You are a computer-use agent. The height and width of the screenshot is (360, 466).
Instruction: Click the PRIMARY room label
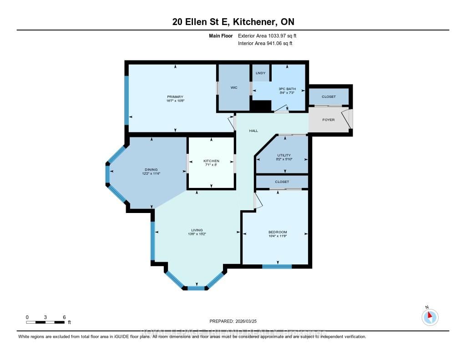tap(175, 96)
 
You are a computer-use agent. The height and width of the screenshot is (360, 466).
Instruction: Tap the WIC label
tap(233, 87)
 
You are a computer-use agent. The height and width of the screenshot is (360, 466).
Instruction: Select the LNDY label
tap(260, 73)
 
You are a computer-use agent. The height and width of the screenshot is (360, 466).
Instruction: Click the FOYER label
tap(328, 120)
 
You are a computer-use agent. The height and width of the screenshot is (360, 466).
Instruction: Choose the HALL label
tap(253, 131)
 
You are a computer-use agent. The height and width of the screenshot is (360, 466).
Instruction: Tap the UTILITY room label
tap(284, 155)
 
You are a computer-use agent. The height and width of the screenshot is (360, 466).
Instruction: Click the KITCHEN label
tap(211, 161)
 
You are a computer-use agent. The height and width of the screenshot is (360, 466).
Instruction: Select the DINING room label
tap(151, 170)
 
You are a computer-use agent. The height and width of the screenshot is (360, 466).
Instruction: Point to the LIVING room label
tap(197, 230)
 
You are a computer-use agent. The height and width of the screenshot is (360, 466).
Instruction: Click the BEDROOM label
tap(278, 232)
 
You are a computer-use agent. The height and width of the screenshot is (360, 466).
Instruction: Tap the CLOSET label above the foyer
tap(329, 97)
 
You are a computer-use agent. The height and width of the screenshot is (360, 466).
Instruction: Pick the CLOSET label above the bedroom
tap(282, 182)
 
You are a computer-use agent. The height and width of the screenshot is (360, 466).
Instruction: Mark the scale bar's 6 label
tap(65, 317)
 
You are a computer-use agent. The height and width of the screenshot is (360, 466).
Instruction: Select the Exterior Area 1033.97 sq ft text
tap(267, 35)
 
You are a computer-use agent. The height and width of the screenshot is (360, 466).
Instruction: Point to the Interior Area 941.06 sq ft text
tap(265, 44)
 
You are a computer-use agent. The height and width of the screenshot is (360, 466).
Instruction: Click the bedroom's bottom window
tap(277, 266)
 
